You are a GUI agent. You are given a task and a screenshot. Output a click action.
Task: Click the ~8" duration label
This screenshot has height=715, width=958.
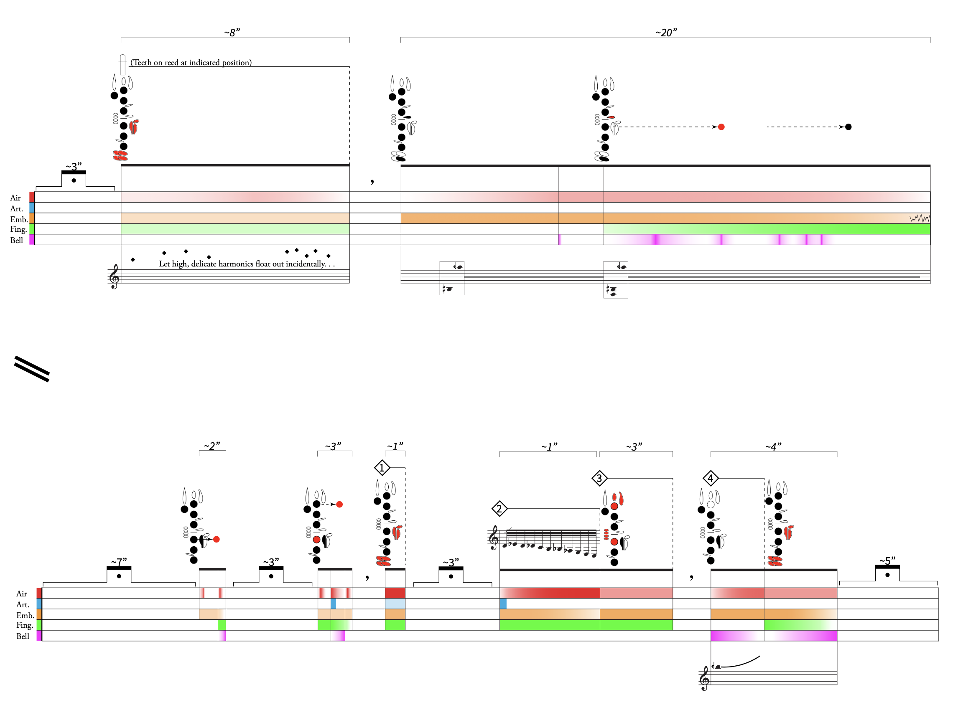[x=232, y=33]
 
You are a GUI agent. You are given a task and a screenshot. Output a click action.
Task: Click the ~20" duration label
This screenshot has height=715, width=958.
[x=666, y=33]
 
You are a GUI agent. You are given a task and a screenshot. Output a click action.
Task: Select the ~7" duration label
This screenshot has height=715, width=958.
[x=119, y=562]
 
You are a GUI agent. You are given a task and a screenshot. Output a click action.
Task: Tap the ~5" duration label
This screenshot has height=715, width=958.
[x=887, y=561]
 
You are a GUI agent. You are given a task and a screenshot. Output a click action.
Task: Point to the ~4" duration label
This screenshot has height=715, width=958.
[x=773, y=446]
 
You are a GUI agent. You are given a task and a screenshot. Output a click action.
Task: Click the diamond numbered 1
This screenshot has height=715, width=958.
[x=382, y=467]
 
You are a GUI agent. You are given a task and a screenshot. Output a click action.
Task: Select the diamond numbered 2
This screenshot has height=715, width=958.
[x=499, y=509]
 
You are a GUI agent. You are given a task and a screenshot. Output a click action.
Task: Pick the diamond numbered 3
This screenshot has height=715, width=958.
[x=599, y=478]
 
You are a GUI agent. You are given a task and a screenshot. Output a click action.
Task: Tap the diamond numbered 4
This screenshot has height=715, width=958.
[x=710, y=478]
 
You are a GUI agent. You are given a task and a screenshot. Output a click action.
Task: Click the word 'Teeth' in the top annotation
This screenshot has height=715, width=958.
[x=142, y=63]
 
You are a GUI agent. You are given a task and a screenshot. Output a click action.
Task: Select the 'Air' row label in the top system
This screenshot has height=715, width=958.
[x=15, y=198]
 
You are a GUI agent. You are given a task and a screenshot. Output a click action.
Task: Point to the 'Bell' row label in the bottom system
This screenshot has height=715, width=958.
[x=23, y=636]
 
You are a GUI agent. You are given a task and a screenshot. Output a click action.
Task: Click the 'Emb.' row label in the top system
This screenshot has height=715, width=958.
[x=19, y=219]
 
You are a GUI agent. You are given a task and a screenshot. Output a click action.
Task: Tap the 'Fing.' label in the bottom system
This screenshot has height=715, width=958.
[x=25, y=625]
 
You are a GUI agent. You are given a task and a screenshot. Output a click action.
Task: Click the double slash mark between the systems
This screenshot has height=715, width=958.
[x=32, y=369]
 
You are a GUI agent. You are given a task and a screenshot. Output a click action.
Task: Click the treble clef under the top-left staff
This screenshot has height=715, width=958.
[x=115, y=276]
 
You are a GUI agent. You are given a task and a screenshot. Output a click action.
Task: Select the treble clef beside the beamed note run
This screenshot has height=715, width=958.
[x=493, y=538]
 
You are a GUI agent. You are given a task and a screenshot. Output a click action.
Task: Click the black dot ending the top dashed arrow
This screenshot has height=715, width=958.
[x=848, y=127]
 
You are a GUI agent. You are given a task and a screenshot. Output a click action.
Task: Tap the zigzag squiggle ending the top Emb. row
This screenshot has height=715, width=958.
[x=920, y=218]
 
